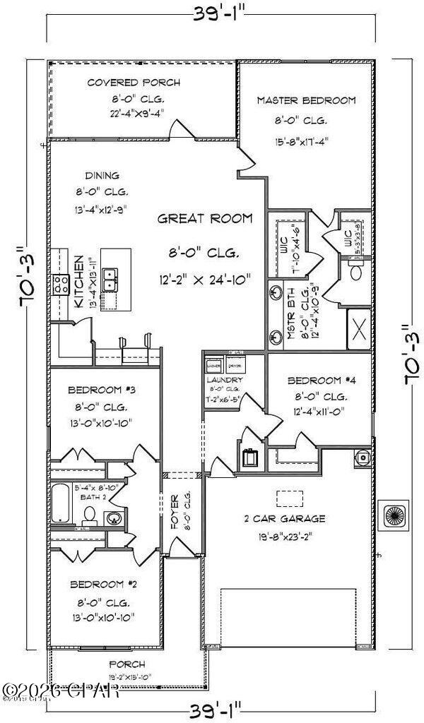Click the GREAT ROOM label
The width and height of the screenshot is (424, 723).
click(x=204, y=219)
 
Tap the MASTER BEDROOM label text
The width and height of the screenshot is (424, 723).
click(x=306, y=101)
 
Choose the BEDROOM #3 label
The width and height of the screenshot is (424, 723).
click(x=98, y=390)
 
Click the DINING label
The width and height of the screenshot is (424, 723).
click(x=102, y=176)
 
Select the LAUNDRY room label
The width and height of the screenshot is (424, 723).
click(x=225, y=380)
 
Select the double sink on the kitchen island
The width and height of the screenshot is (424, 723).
click(x=110, y=280)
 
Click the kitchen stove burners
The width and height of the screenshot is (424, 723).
click(x=59, y=285)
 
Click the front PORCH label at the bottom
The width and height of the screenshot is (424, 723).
click(x=127, y=664)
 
